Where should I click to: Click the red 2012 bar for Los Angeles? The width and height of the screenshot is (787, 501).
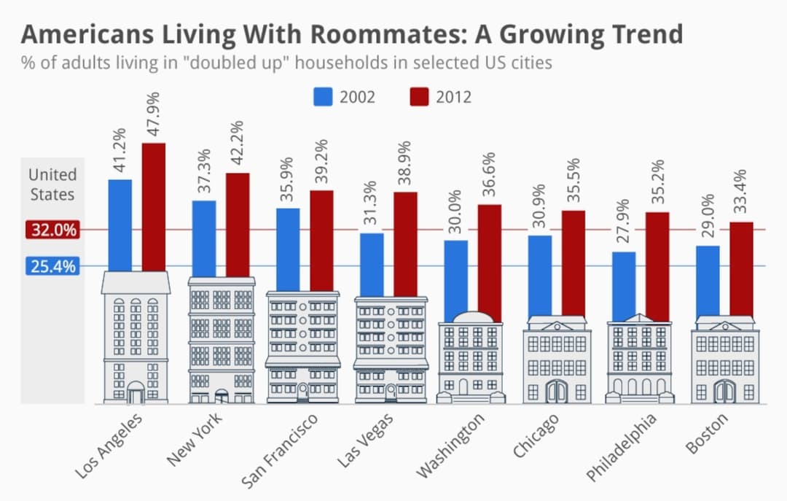click(153, 207)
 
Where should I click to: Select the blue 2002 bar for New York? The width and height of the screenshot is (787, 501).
click(204, 238)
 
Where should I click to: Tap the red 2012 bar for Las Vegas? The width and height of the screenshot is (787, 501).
click(405, 244)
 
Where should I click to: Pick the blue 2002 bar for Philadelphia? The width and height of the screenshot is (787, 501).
click(624, 286)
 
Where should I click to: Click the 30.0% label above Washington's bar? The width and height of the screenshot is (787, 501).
click(455, 211)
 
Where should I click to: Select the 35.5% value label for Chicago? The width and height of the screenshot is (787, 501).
click(573, 182)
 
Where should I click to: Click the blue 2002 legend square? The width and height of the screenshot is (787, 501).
click(323, 96)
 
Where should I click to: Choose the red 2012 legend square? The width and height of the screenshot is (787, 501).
click(419, 96)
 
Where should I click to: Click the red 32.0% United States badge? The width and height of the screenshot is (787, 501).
click(52, 230)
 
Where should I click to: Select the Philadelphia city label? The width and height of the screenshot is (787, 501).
click(622, 447)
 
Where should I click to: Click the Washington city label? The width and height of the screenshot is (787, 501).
click(450, 446)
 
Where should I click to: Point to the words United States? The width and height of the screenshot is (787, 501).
click(52, 185)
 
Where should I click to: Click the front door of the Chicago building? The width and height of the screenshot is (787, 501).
click(556, 392)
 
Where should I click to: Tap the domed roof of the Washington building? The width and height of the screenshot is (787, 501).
click(471, 317)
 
